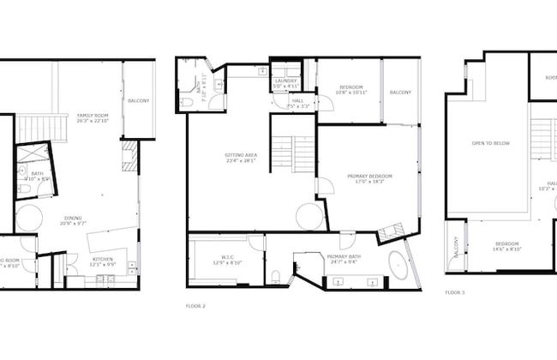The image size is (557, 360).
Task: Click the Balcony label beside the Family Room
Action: (x=138, y=101)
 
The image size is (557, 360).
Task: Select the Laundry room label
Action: (x=285, y=83)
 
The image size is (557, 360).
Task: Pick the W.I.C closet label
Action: (x=222, y=260)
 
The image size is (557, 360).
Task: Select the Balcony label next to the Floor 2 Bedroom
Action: (x=400, y=93)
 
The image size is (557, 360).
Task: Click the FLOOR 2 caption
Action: (x=195, y=305)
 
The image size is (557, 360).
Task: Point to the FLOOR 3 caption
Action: (x=455, y=292)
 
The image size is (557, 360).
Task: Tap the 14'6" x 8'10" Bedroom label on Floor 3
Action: (x=507, y=247)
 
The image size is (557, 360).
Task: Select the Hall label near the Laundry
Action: (x=297, y=102)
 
